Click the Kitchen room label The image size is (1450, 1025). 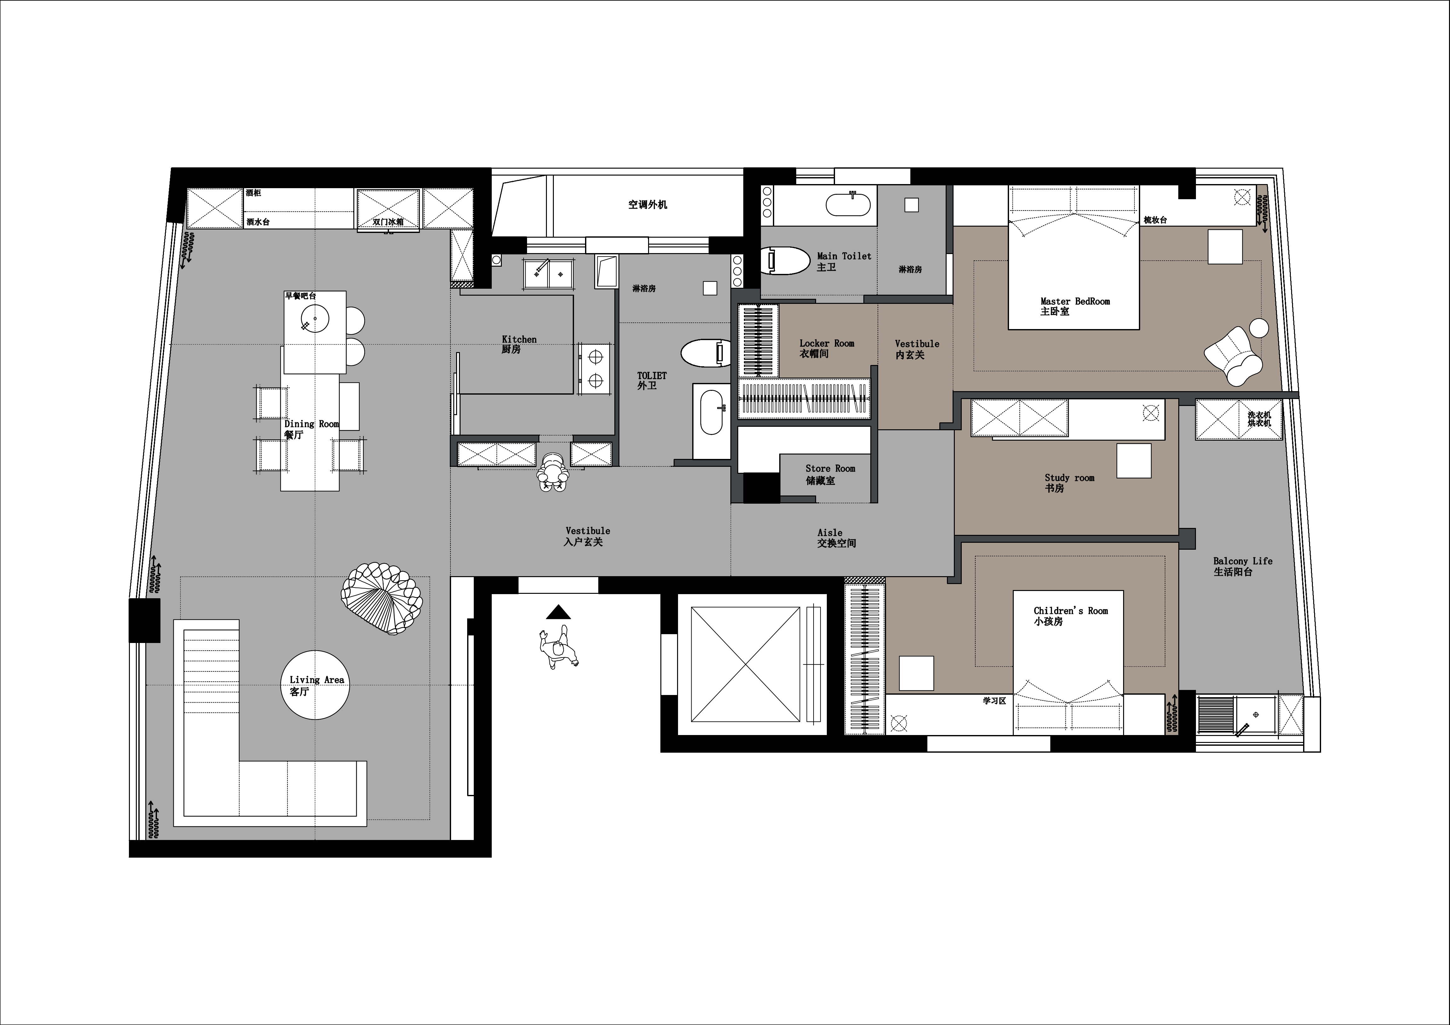[x=519, y=344]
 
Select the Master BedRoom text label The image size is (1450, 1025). [x=1075, y=306]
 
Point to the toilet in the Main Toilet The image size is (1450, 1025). [x=785, y=261]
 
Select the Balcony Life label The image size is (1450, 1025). [x=1242, y=566]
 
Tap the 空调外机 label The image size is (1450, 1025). [x=647, y=205]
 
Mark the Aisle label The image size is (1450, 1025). [x=836, y=537]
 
